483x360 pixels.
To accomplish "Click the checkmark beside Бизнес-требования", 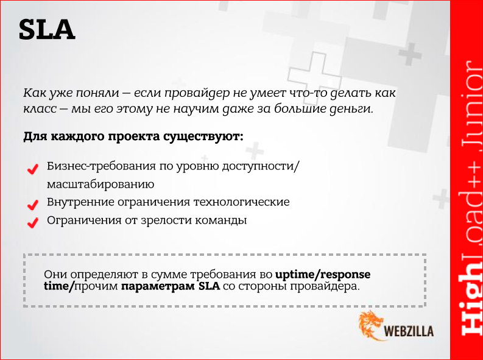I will click(32, 169).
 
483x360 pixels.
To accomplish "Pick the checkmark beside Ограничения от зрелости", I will click(32, 222).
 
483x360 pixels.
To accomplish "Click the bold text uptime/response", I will click(323, 274).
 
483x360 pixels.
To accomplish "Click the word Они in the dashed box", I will click(55, 274).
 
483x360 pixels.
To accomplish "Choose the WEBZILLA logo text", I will click(411, 332).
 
